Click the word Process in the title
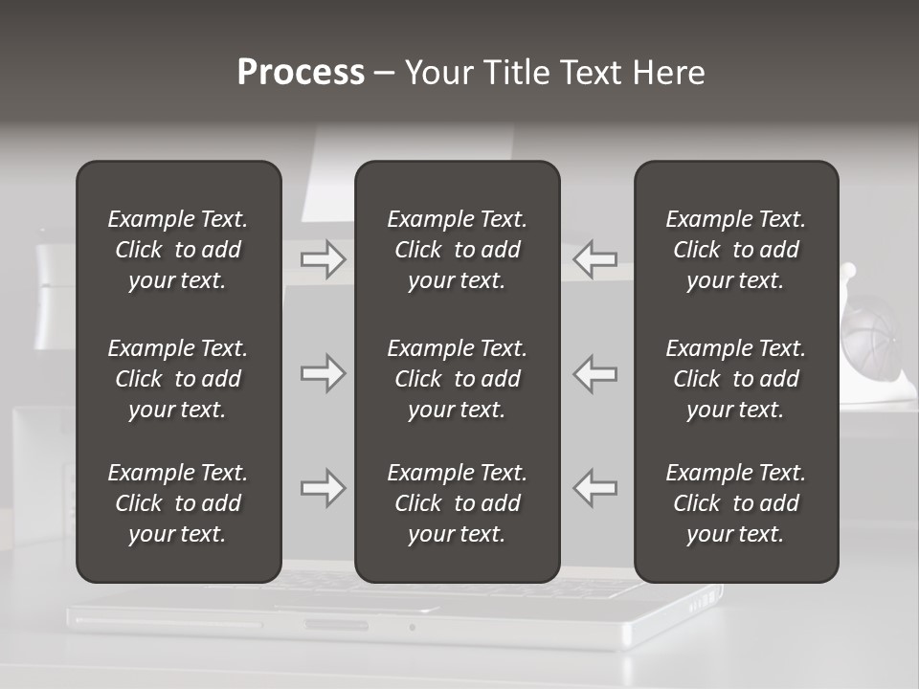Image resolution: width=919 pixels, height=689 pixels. pyautogui.click(x=301, y=73)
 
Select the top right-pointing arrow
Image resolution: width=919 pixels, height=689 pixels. pyautogui.click(x=323, y=259)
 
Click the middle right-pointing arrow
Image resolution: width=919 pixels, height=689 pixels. pyautogui.click(x=323, y=373)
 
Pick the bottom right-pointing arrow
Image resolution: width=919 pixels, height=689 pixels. pyautogui.click(x=323, y=488)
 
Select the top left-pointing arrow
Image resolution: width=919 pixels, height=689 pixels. pyautogui.click(x=595, y=259)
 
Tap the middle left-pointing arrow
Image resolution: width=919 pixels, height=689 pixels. pyautogui.click(x=595, y=373)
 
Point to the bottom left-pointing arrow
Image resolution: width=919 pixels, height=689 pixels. pyautogui.click(x=595, y=488)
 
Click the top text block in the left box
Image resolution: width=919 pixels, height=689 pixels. pyautogui.click(x=178, y=250)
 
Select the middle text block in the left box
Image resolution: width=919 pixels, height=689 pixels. pyautogui.click(x=178, y=379)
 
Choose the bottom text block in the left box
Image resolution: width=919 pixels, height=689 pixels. pyautogui.click(x=178, y=503)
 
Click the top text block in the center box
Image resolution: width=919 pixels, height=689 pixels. pyautogui.click(x=457, y=250)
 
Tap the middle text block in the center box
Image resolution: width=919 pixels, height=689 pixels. pyautogui.click(x=457, y=379)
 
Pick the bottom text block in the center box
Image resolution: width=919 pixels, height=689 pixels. pyautogui.click(x=457, y=503)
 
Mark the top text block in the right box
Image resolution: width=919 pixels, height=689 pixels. pyautogui.click(x=735, y=250)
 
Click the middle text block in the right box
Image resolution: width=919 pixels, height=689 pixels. pyautogui.click(x=735, y=379)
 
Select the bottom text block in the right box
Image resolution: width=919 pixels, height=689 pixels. pyautogui.click(x=735, y=503)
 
